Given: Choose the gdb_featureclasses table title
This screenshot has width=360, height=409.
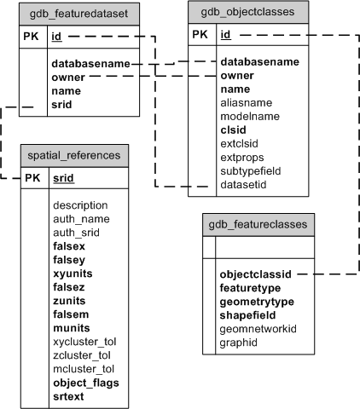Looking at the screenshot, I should coord(259,225).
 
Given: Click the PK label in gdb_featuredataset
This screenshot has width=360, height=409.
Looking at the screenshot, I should coord(33,37).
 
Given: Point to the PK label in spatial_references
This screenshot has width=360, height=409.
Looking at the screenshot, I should coord(33,179).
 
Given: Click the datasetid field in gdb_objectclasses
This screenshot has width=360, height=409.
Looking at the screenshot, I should coord(244,185).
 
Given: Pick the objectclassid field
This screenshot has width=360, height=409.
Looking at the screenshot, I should coord(256,275).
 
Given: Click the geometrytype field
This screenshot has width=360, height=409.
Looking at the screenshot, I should coord(257,302).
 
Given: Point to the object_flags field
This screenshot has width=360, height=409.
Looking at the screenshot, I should coord(85,383).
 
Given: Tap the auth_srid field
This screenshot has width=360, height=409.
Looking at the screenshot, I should coord(76,233).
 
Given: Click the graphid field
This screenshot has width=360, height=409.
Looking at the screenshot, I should coord(240,343).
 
